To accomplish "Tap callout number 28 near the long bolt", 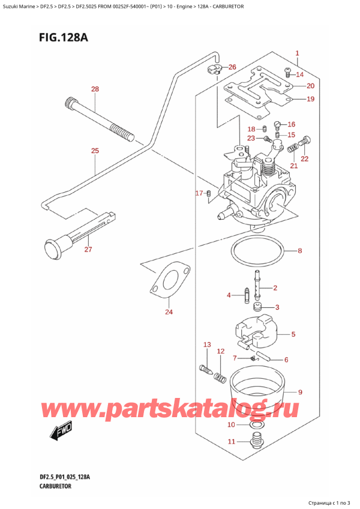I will [94, 90].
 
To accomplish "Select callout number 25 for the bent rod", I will [94, 151].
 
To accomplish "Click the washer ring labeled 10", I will [256, 426].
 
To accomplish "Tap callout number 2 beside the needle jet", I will [275, 288].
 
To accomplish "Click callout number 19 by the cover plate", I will [310, 99].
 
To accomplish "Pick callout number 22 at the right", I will [304, 158].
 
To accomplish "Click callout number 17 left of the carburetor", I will [199, 193].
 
